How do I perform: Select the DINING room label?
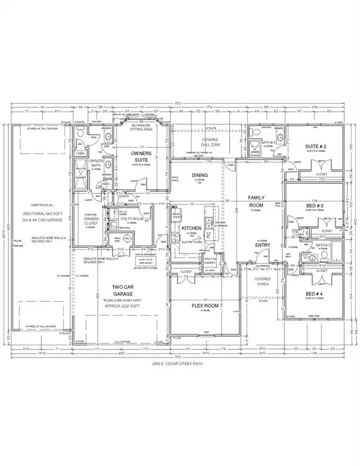[199, 176]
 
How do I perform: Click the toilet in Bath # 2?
[256, 135]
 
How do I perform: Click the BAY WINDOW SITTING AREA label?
[144, 126]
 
